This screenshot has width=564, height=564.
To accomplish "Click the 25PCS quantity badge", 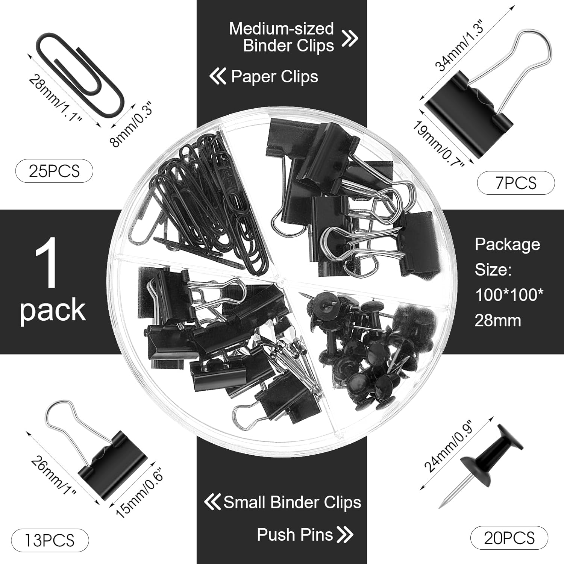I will (x=54, y=171).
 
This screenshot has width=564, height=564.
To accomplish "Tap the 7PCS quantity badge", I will (x=515, y=183).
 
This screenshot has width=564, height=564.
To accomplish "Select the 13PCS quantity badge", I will (x=50, y=540).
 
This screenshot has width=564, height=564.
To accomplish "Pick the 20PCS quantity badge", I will (x=509, y=538).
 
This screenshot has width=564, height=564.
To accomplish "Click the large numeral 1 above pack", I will (x=47, y=263).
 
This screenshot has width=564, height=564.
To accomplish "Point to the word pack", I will (x=53, y=309).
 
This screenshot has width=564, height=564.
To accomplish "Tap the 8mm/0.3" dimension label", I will (x=132, y=126).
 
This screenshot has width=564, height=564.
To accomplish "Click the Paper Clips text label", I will (x=274, y=77).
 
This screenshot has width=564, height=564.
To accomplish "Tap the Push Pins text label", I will (x=295, y=534).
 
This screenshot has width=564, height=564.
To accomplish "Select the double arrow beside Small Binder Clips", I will (x=212, y=502).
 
